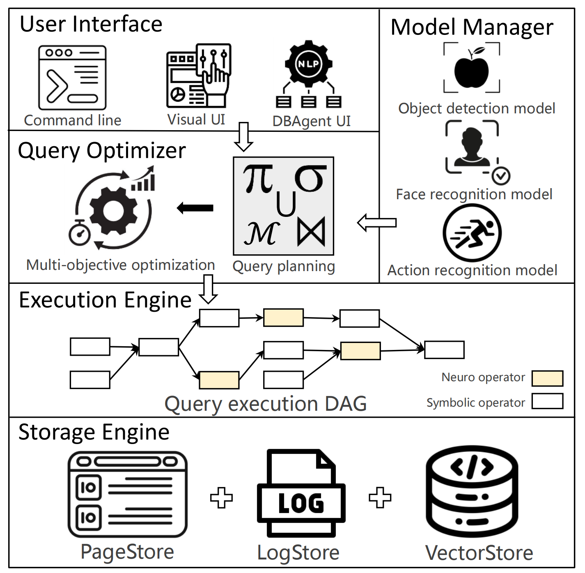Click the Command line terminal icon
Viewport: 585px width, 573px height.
72,78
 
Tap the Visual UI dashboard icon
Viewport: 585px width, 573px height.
199,76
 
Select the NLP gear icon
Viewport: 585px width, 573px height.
308,64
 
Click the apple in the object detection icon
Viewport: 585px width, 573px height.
472,71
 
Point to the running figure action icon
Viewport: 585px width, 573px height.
472,233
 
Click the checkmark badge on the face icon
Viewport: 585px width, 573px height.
501,176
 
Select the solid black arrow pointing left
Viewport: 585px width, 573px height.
195,208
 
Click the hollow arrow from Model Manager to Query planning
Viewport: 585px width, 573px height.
377,223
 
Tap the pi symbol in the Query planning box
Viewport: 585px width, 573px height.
258,178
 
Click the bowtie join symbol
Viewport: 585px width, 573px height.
311,231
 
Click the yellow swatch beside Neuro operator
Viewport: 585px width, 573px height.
547,378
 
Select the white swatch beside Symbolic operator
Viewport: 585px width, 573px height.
547,401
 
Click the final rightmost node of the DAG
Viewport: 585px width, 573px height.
444,350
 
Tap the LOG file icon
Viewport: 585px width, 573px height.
301,493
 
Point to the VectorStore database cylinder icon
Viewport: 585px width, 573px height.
472,493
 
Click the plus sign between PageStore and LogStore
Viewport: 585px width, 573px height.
221,498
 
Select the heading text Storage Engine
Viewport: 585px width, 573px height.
94,433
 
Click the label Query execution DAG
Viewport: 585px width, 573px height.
266,404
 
